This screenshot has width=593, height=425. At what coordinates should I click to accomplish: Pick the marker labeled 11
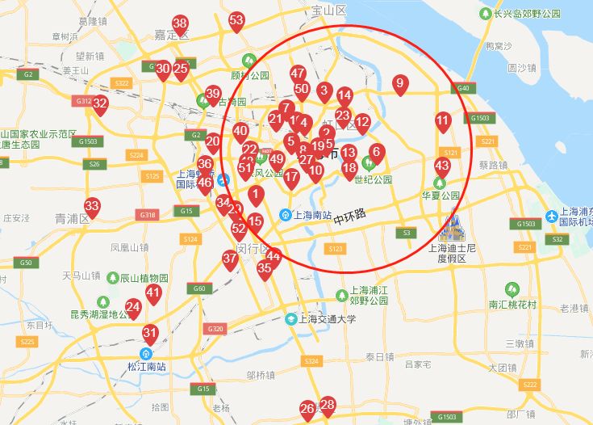point(442,122)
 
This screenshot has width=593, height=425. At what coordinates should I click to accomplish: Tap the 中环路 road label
point(349,216)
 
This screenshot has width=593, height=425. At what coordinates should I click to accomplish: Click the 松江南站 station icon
point(146,353)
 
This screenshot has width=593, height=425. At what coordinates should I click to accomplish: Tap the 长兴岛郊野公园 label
point(524,14)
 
